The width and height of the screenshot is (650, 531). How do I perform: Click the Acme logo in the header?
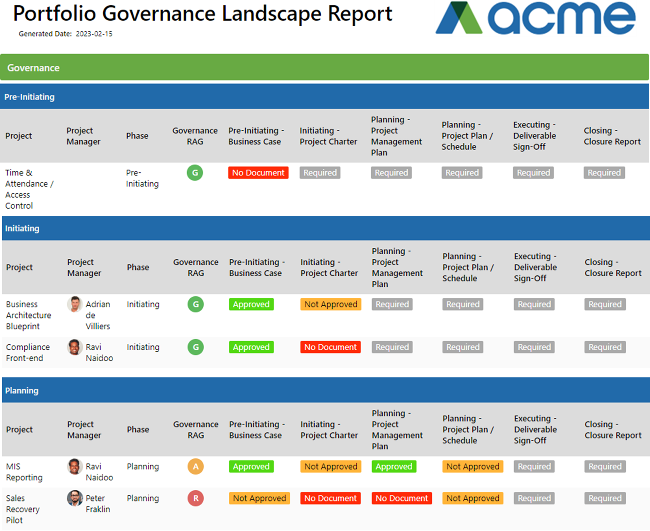pyautogui.click(x=535, y=18)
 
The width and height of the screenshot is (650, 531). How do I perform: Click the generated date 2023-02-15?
pyautogui.click(x=94, y=34)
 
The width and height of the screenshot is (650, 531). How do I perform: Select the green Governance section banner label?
pyautogui.click(x=33, y=68)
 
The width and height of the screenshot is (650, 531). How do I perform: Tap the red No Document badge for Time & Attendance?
pyautogui.click(x=258, y=173)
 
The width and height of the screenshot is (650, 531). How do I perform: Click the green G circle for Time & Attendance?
pyautogui.click(x=195, y=173)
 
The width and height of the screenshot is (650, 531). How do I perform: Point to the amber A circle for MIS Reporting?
pyautogui.click(x=195, y=466)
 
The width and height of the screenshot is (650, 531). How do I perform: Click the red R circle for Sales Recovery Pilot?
pyautogui.click(x=195, y=498)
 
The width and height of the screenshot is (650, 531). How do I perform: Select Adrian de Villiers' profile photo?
pyautogui.click(x=75, y=304)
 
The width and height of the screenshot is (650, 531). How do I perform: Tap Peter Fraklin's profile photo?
pyautogui.click(x=75, y=498)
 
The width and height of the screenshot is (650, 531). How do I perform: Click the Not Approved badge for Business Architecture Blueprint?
pyautogui.click(x=330, y=304)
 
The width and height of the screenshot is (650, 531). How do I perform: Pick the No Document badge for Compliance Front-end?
pyautogui.click(x=330, y=347)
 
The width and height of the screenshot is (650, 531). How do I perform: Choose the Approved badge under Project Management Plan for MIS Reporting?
pyautogui.click(x=393, y=467)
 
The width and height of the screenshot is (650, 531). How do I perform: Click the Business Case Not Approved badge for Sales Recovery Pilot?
pyautogui.click(x=259, y=498)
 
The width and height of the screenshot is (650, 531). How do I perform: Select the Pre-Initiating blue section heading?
pyautogui.click(x=29, y=97)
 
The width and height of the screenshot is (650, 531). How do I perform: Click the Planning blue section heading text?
pyautogui.click(x=22, y=391)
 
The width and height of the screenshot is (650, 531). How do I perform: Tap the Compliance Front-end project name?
pyautogui.click(x=28, y=353)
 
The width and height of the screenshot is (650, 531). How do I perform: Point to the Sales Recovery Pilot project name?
pyautogui.click(x=22, y=509)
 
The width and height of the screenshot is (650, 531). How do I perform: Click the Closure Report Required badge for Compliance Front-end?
pyautogui.click(x=605, y=347)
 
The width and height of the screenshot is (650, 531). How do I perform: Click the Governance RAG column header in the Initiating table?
pyautogui.click(x=195, y=268)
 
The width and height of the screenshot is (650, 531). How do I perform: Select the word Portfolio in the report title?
pyautogui.click(x=55, y=14)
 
